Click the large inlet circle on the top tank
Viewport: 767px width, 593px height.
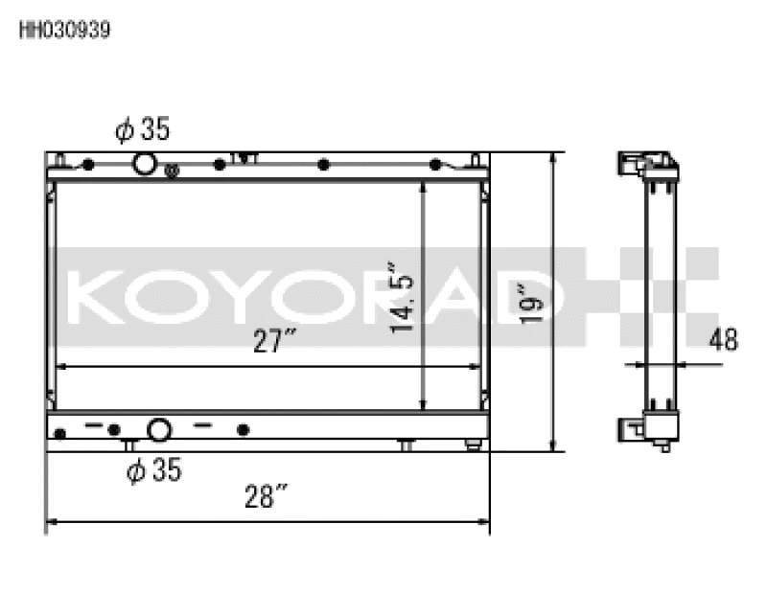point(144,164)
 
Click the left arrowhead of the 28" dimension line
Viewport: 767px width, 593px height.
point(51,523)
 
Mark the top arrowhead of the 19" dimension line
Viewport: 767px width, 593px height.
point(552,158)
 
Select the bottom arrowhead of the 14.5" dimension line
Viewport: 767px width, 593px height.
point(423,405)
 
